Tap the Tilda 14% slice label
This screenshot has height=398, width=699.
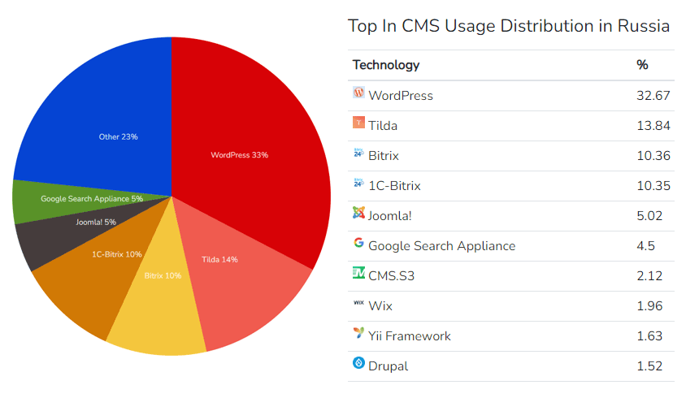[219, 260]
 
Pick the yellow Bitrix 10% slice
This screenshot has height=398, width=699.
[163, 309]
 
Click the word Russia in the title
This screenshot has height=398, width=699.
[644, 26]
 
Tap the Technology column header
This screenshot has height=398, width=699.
[386, 65]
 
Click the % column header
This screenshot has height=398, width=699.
[642, 65]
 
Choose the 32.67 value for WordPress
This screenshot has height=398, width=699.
[653, 96]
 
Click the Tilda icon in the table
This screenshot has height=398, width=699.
[358, 123]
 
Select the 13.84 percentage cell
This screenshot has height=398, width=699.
[653, 126]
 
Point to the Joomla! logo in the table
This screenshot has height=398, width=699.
[358, 214]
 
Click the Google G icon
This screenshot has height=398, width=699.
[358, 243]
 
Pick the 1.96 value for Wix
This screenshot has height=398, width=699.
[650, 306]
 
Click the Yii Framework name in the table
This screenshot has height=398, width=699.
[410, 336]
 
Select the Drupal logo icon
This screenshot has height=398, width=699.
[358, 363]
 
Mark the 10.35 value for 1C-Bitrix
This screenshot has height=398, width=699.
[653, 186]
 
